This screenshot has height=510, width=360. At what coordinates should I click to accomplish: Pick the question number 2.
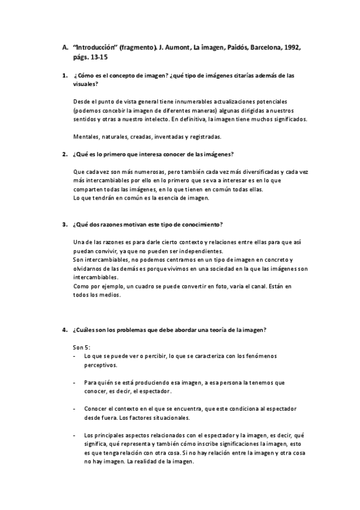(x=64, y=155)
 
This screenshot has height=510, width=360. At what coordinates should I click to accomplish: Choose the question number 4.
(x=64, y=330)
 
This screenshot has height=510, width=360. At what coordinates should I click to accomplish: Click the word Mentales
(x=85, y=137)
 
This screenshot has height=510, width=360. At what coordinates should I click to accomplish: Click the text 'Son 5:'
(x=81, y=348)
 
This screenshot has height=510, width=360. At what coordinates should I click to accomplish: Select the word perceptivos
(x=100, y=365)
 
